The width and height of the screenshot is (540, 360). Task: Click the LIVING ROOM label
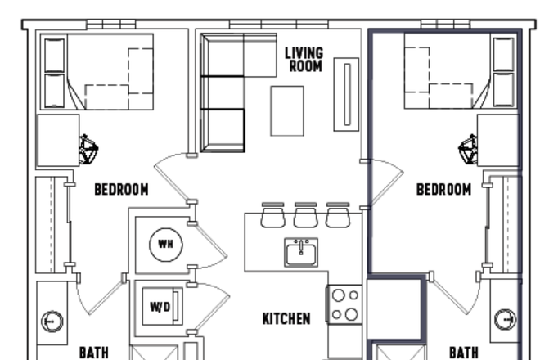coord(304,59)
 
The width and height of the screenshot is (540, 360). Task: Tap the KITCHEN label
coord(286,318)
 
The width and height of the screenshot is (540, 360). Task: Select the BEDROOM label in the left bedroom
coord(121,190)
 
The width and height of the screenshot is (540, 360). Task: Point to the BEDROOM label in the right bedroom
coord(443,190)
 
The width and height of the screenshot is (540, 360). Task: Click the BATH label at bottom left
coord(93,353)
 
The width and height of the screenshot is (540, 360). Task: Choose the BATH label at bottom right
coord(463,353)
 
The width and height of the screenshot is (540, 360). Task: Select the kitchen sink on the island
coord(301,253)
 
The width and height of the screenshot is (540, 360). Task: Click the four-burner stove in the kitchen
coord(344,304)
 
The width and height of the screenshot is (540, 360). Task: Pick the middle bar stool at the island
coord(305,215)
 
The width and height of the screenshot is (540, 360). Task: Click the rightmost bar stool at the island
coord(337,215)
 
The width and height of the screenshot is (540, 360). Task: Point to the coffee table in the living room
coord(287,110)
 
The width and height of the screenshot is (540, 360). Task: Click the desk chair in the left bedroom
coord(88,150)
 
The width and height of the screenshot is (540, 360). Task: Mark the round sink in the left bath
coord(51,321)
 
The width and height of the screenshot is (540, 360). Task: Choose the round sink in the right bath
coord(506,319)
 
